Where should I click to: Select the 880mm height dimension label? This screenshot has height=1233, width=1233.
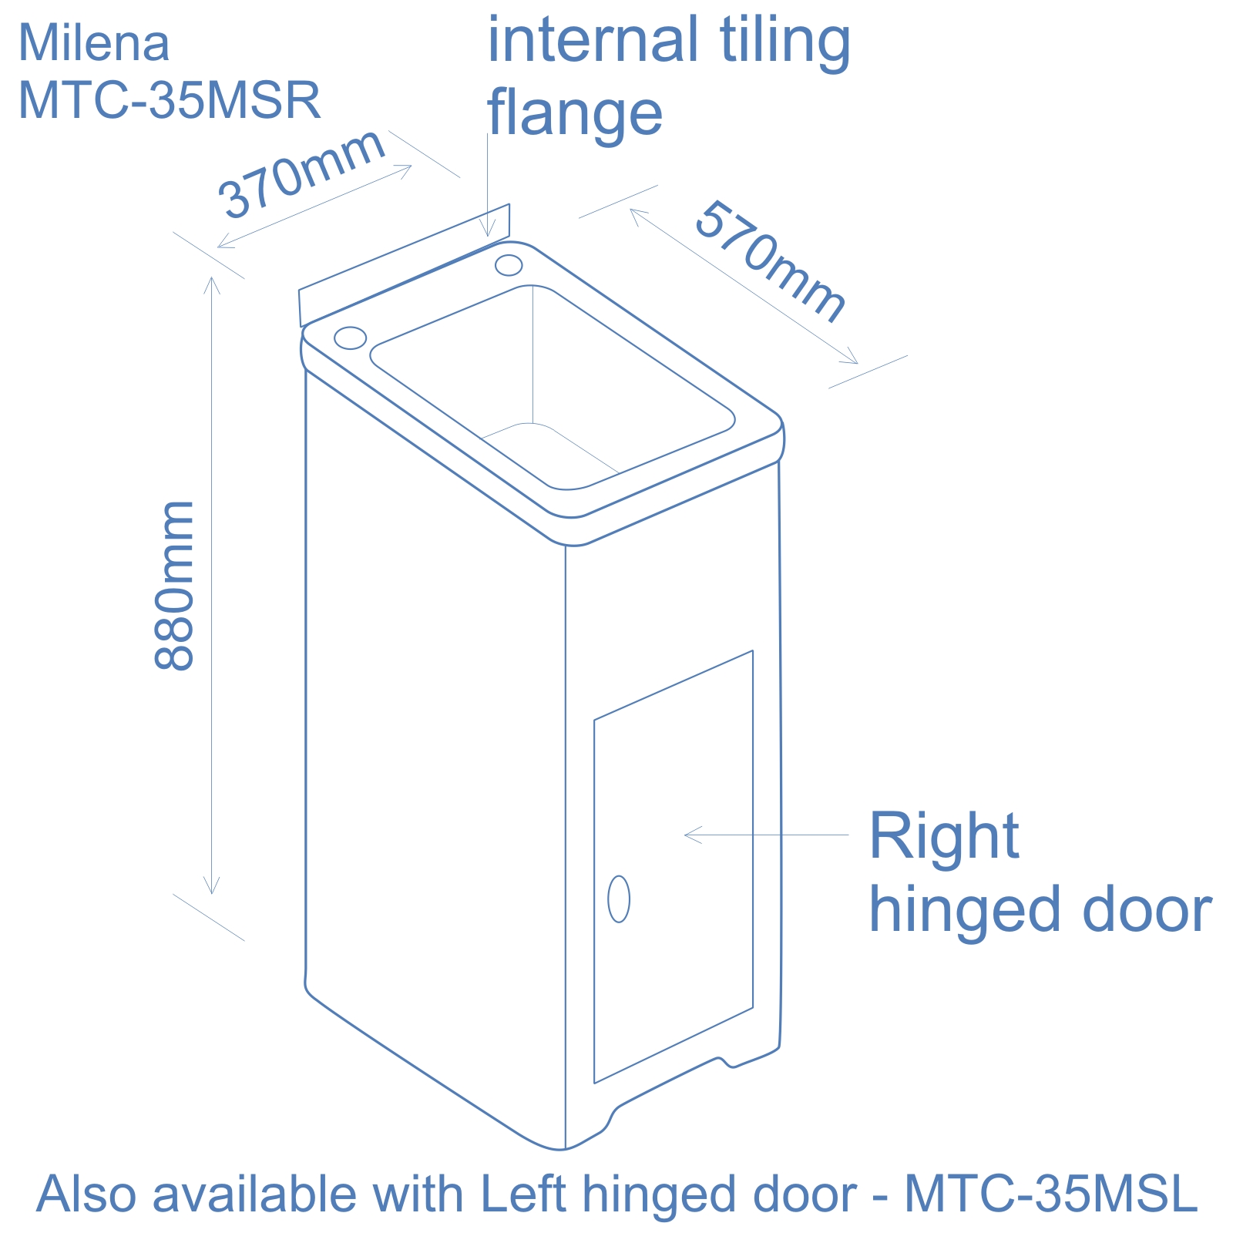click(x=174, y=586)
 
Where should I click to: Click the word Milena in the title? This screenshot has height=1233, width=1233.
click(x=93, y=43)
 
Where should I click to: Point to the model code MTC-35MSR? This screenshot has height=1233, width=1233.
click(x=169, y=100)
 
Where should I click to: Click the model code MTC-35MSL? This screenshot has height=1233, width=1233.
click(x=1051, y=1194)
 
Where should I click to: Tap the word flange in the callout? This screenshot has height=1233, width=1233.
click(x=575, y=113)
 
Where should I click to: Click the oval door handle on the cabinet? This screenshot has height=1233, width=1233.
click(x=619, y=899)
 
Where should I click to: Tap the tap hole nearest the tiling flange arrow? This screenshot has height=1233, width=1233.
click(x=509, y=265)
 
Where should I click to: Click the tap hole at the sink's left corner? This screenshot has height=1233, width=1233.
click(x=350, y=337)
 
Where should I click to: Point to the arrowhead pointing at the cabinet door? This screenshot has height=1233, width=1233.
click(x=688, y=835)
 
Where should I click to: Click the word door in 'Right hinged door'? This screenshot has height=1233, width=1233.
click(x=1147, y=909)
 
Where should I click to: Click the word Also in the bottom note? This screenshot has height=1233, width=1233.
click(x=87, y=1194)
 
